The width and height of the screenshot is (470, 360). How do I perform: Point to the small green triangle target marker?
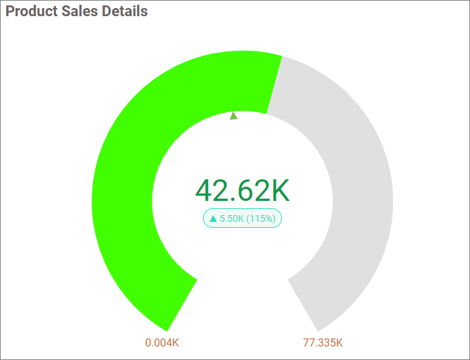(x=234, y=116)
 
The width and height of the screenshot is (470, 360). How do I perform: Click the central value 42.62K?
(x=242, y=191)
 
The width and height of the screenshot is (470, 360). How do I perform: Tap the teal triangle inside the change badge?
(x=213, y=218)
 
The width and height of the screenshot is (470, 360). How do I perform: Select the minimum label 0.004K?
(x=162, y=342)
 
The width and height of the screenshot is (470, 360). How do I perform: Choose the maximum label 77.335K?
(x=323, y=342)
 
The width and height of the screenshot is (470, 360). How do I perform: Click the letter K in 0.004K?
(x=175, y=342)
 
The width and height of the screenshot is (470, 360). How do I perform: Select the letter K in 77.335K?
(x=339, y=342)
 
